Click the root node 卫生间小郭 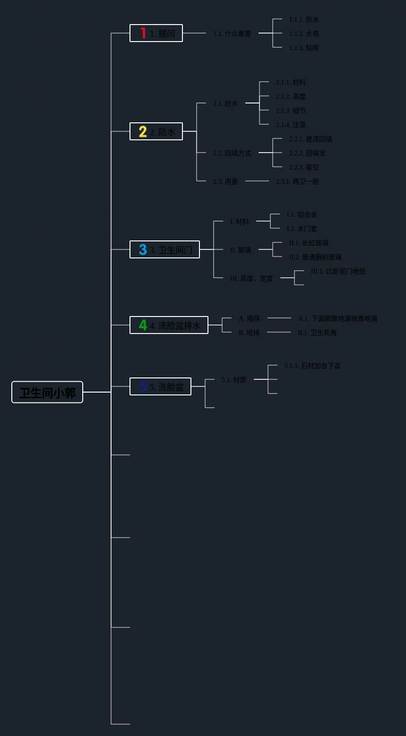click(47, 392)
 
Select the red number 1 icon click(143, 33)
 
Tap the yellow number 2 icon click(143, 131)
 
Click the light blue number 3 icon click(143, 249)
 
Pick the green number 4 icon click(143, 325)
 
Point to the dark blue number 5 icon click(143, 386)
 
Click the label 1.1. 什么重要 click(232, 34)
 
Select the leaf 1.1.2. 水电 click(304, 34)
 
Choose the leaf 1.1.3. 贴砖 click(304, 48)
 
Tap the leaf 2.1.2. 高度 click(291, 96)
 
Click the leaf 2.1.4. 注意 click(291, 125)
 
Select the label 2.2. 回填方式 click(232, 153)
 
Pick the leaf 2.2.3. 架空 click(304, 167)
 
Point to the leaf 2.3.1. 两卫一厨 click(297, 181)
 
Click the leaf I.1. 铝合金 click(302, 214)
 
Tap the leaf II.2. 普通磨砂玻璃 click(315, 257)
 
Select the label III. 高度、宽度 click(251, 278)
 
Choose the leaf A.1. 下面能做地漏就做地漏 click(337, 318)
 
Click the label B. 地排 click(249, 333)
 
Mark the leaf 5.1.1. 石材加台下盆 click(312, 366)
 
